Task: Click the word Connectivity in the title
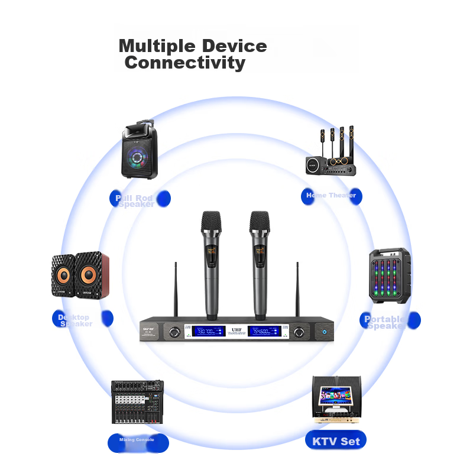pyautogui.click(x=185, y=63)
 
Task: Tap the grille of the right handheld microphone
pyautogui.click(x=259, y=223)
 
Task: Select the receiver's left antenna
pyautogui.click(x=176, y=290)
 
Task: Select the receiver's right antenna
pyautogui.click(x=297, y=290)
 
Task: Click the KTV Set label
pyautogui.click(x=336, y=441)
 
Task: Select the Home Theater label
pyautogui.click(x=331, y=196)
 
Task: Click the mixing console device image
pyautogui.click(x=137, y=401)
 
